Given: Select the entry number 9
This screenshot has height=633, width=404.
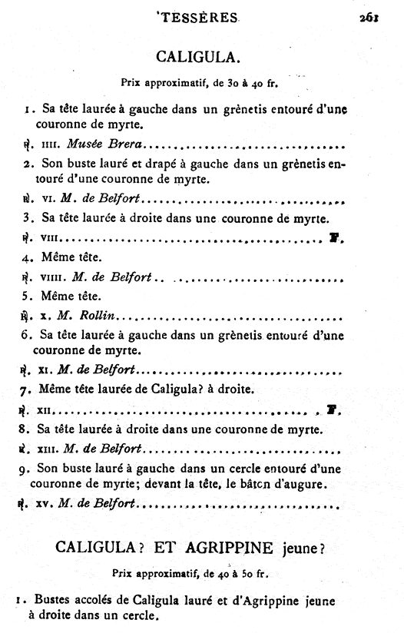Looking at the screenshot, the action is click(26, 467).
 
